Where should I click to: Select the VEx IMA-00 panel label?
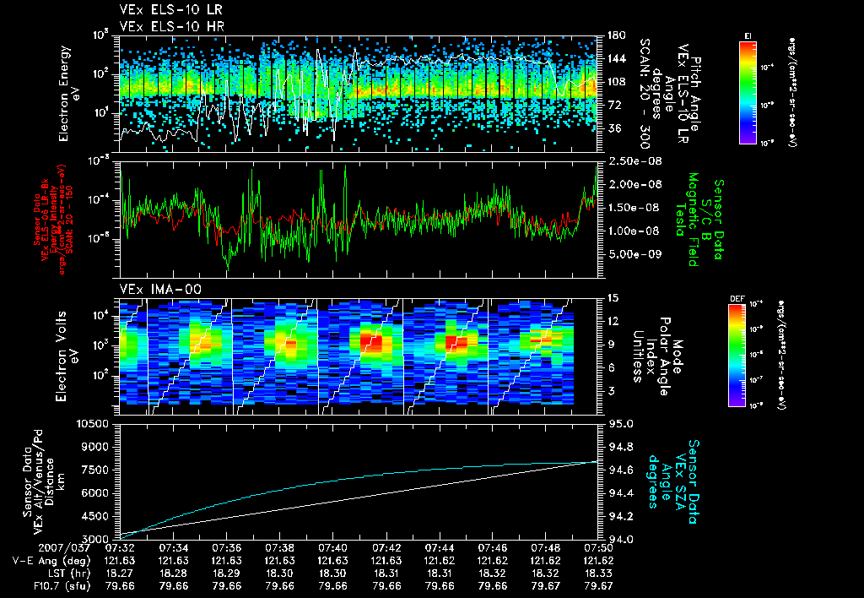click(x=154, y=289)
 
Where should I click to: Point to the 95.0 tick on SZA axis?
click(x=621, y=422)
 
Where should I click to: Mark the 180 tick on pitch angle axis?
click(x=616, y=35)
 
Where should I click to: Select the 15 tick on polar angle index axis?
click(x=613, y=297)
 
